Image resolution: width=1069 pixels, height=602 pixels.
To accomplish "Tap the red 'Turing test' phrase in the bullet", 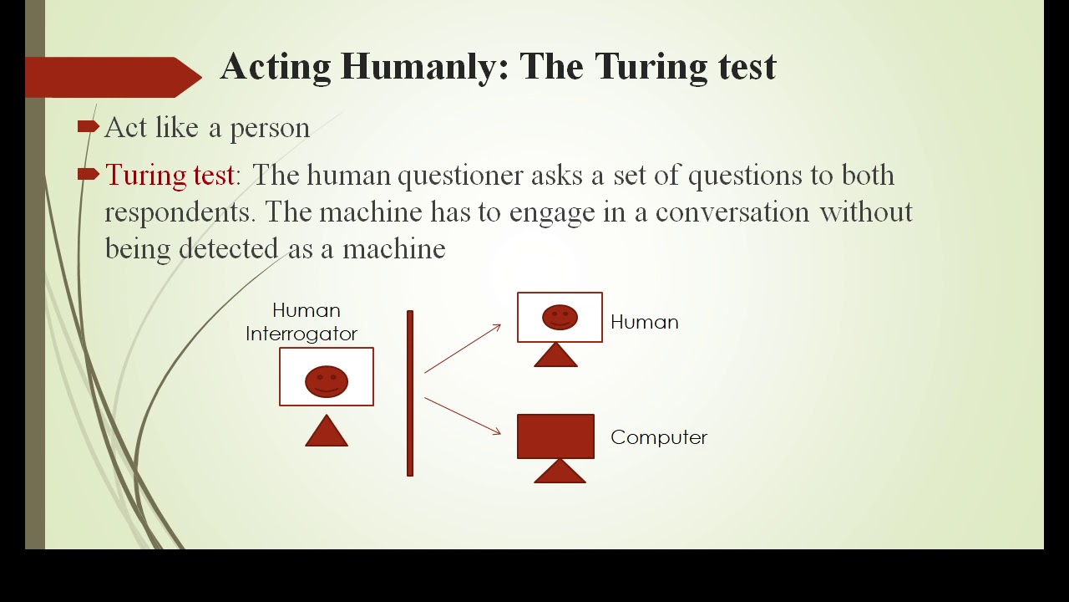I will click(170, 175).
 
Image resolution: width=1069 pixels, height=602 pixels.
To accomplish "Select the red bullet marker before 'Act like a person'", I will click(88, 126).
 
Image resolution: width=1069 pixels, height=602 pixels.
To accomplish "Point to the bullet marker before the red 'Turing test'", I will click(88, 174).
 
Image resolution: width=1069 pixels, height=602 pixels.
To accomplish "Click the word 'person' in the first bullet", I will click(269, 128).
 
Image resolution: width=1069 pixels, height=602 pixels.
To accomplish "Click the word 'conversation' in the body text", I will click(732, 212).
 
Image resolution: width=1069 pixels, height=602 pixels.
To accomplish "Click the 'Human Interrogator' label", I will click(302, 322).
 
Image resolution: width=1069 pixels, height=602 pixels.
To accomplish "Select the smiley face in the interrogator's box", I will click(327, 381).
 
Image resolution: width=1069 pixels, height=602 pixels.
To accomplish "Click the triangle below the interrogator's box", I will click(327, 432).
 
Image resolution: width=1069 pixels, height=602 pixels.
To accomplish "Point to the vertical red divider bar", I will click(410, 393).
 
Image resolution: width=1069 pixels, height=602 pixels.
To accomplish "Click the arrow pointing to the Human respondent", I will click(463, 348).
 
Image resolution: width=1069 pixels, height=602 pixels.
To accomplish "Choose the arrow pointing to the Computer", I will click(463, 416).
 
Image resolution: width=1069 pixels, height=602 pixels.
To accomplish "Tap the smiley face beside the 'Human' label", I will click(560, 317).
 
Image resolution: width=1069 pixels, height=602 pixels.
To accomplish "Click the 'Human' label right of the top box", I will click(644, 322).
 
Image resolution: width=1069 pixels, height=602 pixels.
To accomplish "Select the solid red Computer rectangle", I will click(555, 436).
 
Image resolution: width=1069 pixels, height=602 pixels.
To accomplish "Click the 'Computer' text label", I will click(658, 437).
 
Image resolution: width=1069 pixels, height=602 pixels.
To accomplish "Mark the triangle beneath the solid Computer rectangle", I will click(559, 472).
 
